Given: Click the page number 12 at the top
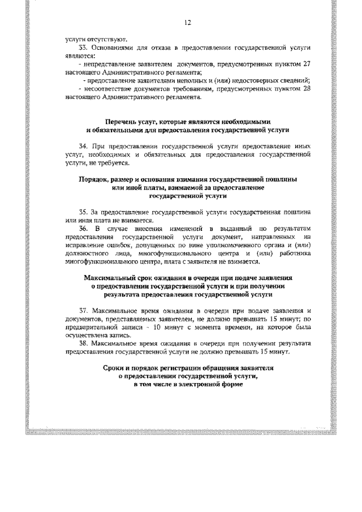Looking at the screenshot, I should pos(187,23).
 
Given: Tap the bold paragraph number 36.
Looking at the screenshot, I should pos(84,228).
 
